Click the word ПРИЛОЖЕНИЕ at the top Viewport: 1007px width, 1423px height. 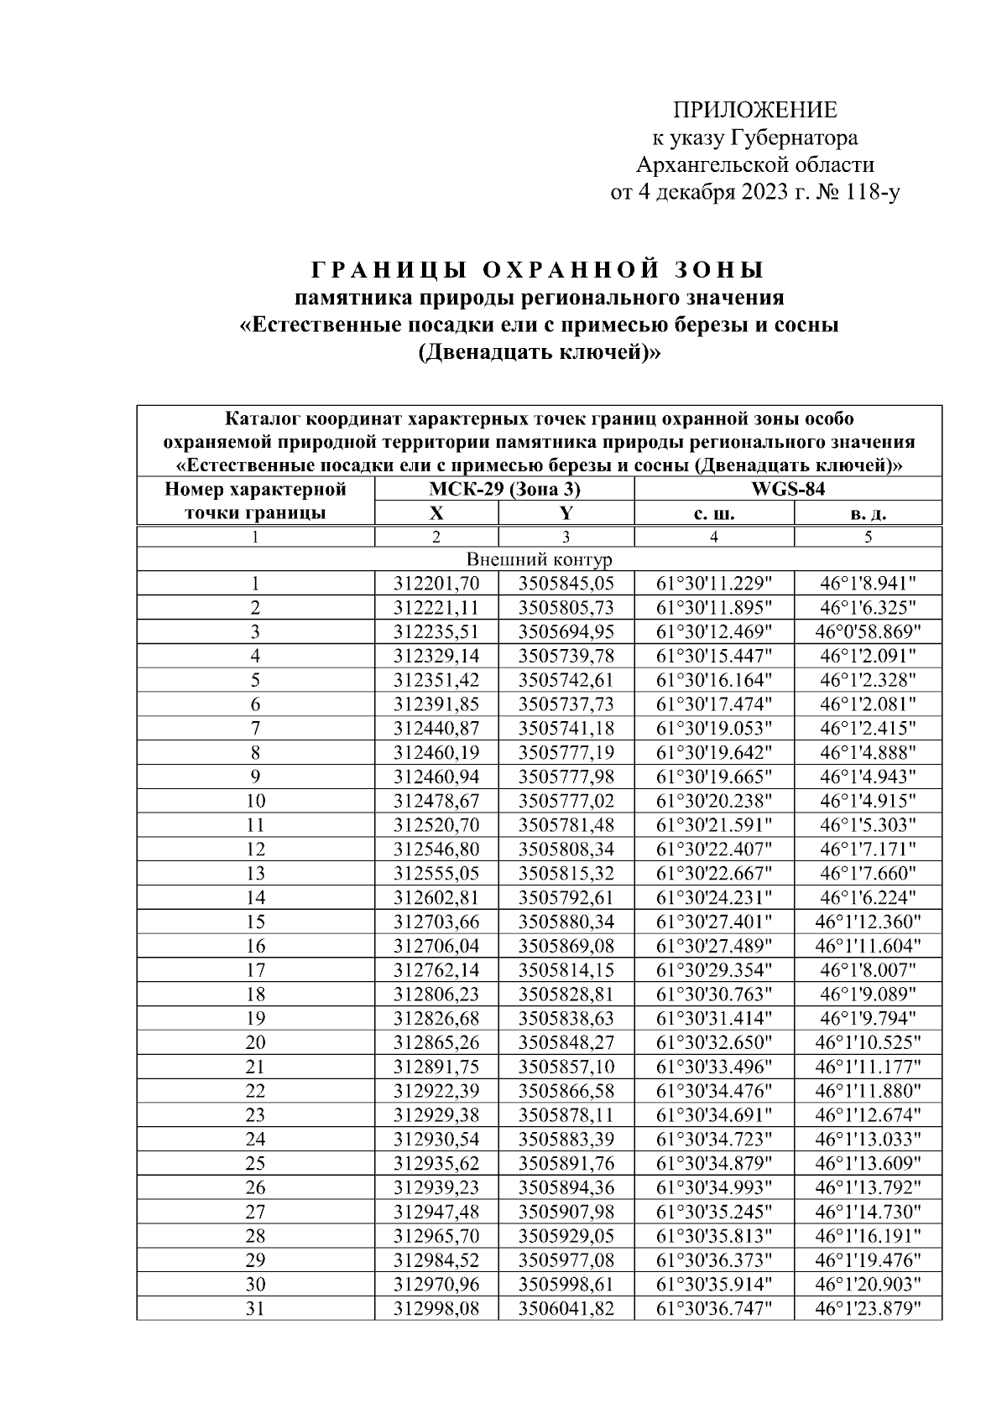click(755, 111)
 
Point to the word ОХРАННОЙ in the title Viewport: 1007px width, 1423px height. click(571, 271)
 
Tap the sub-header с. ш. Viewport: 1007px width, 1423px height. click(712, 513)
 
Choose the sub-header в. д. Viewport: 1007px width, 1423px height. click(868, 513)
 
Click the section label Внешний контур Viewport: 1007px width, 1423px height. click(539, 559)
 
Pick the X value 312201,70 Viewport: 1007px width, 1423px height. click(436, 584)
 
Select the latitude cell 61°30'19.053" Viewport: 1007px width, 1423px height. click(712, 729)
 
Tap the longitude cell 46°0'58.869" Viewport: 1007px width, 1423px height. click(868, 632)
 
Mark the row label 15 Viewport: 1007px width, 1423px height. click(255, 922)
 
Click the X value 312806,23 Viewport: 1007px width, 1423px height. click(436, 995)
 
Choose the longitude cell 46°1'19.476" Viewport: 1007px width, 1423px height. click(868, 1260)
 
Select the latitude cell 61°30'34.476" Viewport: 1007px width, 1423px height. click(712, 1091)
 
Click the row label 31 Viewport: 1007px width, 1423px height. click(255, 1308)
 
